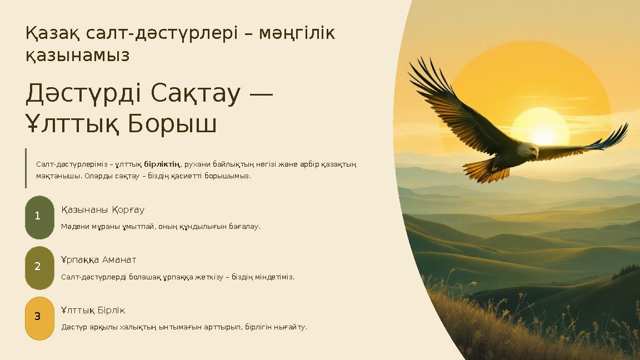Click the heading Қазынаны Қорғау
[103, 210]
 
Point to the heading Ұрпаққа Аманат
[98, 260]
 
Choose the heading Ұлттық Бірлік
[93, 310]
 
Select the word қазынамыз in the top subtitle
[77, 55]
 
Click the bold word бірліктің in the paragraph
[162, 164]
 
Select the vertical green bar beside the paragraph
[26, 168]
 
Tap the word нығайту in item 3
[289, 327]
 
